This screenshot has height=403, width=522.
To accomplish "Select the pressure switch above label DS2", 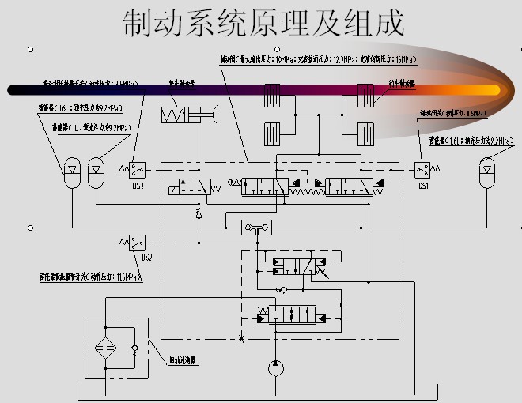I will click(x=137, y=241).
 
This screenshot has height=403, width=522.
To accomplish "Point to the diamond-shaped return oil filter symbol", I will click(x=104, y=347).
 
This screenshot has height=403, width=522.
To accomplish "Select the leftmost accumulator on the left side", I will click(x=71, y=168).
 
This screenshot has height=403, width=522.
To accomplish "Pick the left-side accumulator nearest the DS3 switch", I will click(x=96, y=168).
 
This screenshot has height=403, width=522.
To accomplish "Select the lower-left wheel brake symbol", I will click(x=272, y=130).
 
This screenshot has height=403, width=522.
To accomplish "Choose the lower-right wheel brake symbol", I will click(x=365, y=130).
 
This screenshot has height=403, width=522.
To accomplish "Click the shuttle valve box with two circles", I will click(x=256, y=228).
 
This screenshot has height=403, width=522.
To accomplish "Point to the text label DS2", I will click(x=146, y=258).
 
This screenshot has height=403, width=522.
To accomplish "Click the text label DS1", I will click(x=423, y=186).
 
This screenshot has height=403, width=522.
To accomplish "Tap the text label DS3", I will click(x=138, y=186).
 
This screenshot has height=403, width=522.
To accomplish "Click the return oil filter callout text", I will click(x=182, y=360).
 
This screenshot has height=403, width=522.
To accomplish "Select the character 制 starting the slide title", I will click(x=138, y=24).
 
